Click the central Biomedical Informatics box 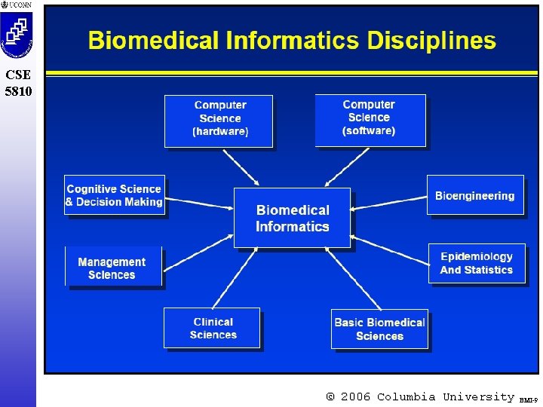[293, 218]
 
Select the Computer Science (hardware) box [219, 121]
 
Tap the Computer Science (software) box [370, 119]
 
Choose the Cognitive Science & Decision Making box [114, 195]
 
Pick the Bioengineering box [475, 196]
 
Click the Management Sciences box [112, 268]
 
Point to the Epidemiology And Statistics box [477, 263]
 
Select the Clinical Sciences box [212, 328]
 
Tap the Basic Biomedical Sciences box [379, 329]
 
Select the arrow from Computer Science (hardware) [241, 167]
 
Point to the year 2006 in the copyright [355, 396]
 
